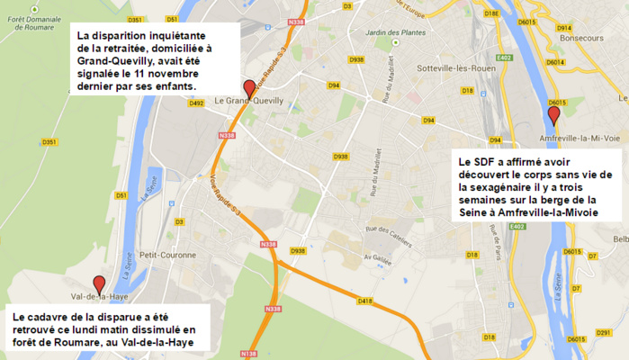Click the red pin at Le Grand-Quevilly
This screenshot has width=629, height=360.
point(249,88)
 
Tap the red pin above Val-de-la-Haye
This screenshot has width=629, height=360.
point(99,284)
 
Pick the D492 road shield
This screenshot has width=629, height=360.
point(197,103)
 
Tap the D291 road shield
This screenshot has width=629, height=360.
point(602,334)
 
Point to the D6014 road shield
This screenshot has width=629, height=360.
point(555,62)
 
